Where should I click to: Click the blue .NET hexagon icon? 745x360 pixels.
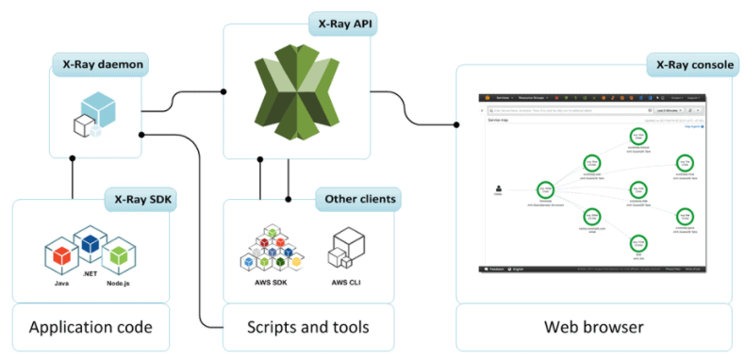pyautogui.click(x=90, y=242)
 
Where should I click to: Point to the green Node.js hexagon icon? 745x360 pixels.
pyautogui.click(x=118, y=253)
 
